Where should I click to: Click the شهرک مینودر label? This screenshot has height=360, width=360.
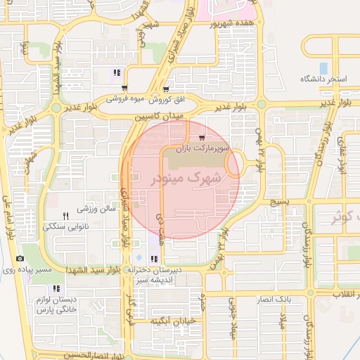tap(186, 179)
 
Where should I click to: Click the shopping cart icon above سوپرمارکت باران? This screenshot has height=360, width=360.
tap(202, 138)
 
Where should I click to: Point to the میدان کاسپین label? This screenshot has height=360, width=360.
tap(164, 115)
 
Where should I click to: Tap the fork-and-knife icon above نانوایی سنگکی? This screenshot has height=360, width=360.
tap(65, 216)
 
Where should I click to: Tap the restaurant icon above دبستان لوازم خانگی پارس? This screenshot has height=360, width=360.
tap(56, 288)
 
